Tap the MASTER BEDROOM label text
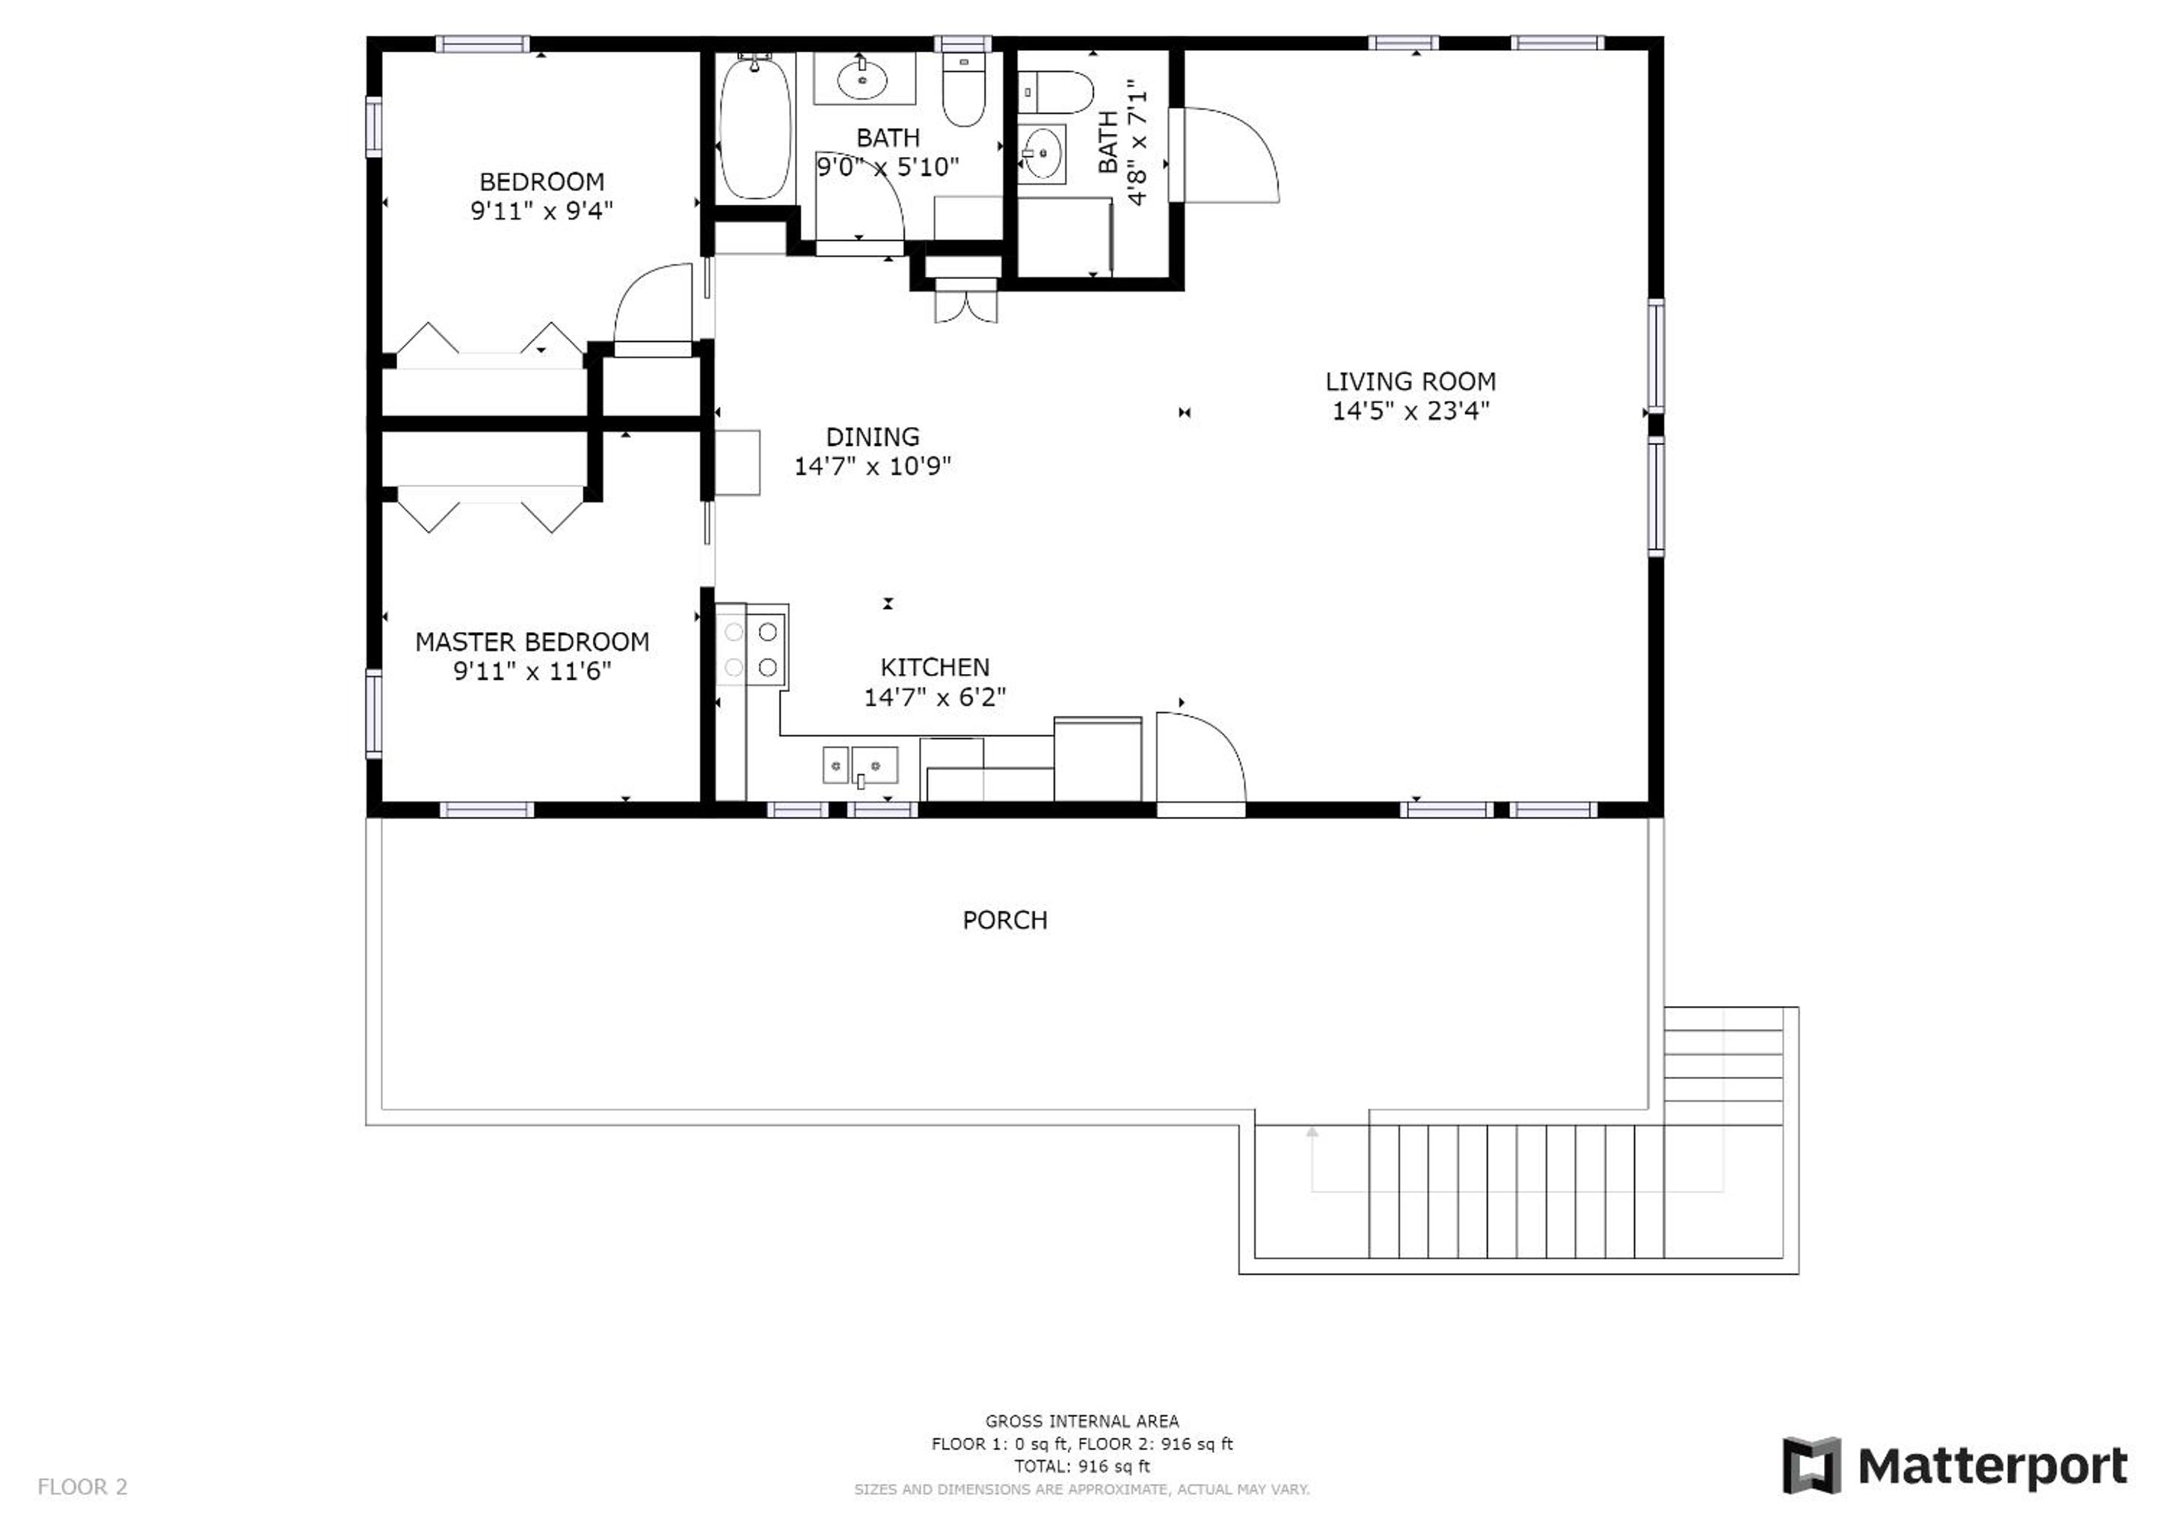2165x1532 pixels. [x=532, y=642]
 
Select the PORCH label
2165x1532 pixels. [x=1004, y=920]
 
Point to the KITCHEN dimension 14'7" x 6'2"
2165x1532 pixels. [x=935, y=697]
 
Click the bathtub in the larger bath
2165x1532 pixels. [x=755, y=127]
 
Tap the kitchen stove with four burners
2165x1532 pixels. [x=752, y=650]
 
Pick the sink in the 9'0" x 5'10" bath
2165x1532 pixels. [x=863, y=79]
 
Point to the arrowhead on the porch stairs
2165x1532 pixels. [x=1312, y=1131]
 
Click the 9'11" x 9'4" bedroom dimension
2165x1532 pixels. [x=541, y=210]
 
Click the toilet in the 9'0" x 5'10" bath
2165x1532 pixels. [x=964, y=89]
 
